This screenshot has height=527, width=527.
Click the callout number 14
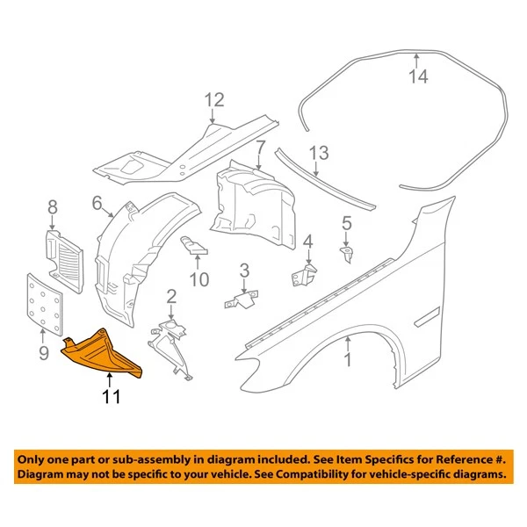pos(418,77)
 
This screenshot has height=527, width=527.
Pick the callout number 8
pos(53,207)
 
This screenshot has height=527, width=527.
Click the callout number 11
pos(109,398)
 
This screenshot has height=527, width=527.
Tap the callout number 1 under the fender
pos(347,358)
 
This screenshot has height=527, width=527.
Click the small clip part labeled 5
pos(346,254)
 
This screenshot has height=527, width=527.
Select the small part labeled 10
pos(194,247)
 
